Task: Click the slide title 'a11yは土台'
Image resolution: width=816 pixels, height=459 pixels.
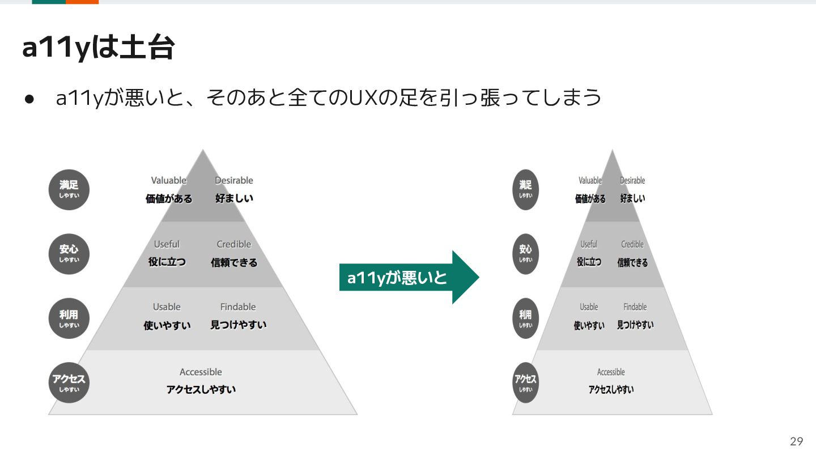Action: pyautogui.click(x=99, y=48)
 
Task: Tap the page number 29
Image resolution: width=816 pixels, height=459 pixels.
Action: pyautogui.click(x=797, y=441)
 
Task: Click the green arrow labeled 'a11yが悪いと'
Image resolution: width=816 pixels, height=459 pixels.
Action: pyautogui.click(x=409, y=277)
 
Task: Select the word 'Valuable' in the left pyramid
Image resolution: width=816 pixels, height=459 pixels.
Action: pyautogui.click(x=169, y=180)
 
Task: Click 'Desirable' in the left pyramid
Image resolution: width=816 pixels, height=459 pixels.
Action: pyautogui.click(x=234, y=180)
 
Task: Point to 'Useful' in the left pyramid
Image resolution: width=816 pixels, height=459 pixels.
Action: pyautogui.click(x=167, y=244)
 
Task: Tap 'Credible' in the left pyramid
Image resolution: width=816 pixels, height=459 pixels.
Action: pyautogui.click(x=234, y=244)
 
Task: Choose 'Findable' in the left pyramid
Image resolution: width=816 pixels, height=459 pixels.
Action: pyautogui.click(x=238, y=307)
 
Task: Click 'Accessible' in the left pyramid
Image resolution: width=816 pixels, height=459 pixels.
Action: pyautogui.click(x=201, y=372)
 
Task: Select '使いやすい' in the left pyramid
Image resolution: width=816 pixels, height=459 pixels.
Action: pyautogui.click(x=167, y=325)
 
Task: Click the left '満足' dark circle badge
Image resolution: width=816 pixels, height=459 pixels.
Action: pyautogui.click(x=69, y=189)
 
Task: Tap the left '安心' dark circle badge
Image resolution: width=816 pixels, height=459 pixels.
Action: pyautogui.click(x=69, y=254)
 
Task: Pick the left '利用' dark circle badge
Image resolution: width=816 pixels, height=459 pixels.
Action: pyautogui.click(x=69, y=318)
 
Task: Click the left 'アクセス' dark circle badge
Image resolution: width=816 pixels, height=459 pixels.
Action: pyautogui.click(x=69, y=382)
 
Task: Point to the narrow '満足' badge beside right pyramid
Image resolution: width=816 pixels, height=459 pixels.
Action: pyautogui.click(x=525, y=189)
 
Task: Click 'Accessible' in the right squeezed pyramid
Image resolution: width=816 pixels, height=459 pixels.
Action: pyautogui.click(x=611, y=372)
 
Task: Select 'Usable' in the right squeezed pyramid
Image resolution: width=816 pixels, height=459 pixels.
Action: pyautogui.click(x=589, y=307)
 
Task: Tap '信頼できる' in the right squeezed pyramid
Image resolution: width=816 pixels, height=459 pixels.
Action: pyautogui.click(x=632, y=262)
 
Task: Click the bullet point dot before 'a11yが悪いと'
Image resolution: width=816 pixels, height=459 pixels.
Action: pyautogui.click(x=29, y=99)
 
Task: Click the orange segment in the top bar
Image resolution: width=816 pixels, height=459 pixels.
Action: pyautogui.click(x=82, y=2)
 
